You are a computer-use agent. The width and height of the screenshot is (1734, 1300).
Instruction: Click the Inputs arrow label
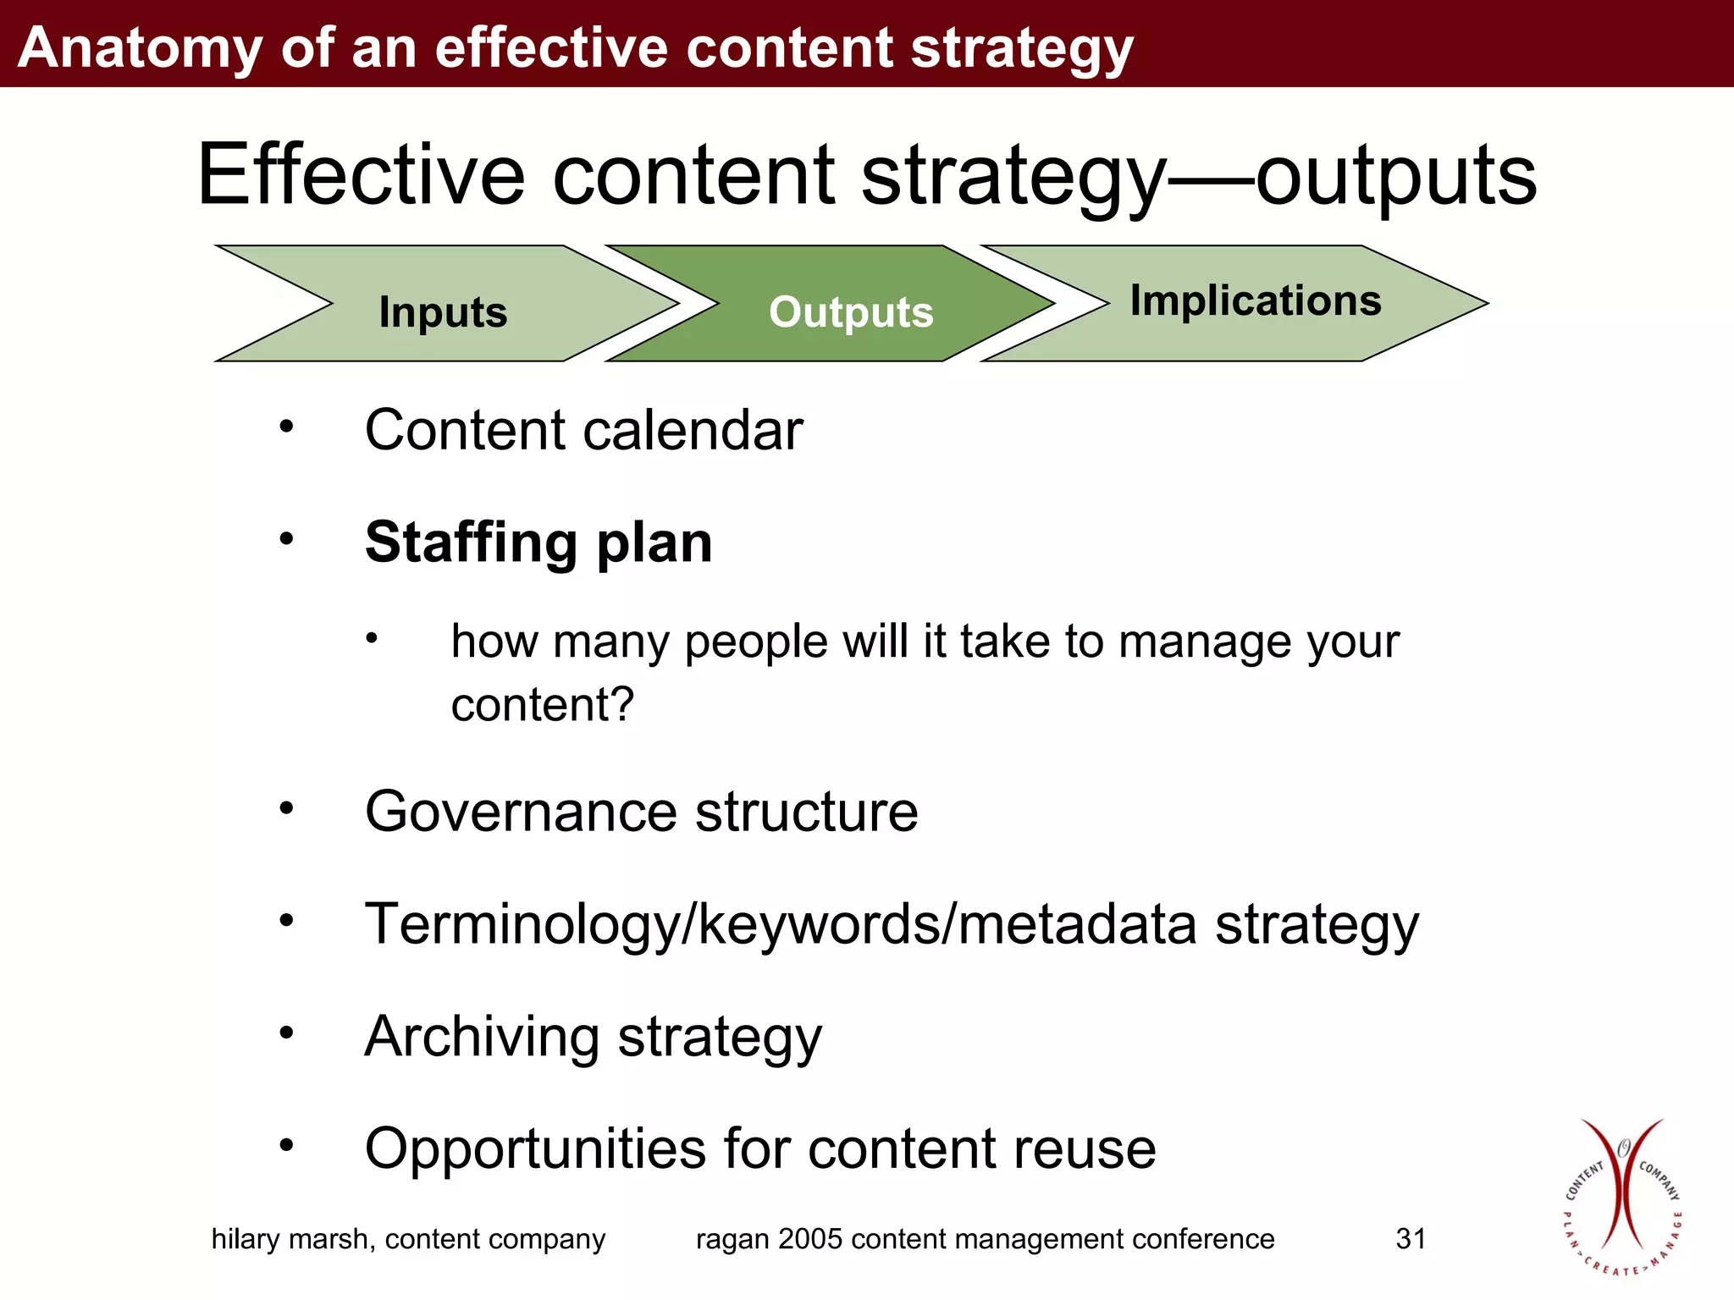click(443, 312)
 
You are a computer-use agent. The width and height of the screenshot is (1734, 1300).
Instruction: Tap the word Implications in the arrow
click(1256, 300)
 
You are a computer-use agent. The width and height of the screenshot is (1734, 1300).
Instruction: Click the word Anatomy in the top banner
click(140, 47)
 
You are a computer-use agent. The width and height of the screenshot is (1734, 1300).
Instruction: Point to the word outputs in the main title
click(1395, 175)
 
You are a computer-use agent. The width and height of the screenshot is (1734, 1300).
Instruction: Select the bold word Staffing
click(471, 543)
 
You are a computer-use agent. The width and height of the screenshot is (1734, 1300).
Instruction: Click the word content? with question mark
click(542, 704)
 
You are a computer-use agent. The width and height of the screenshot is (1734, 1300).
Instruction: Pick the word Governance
click(520, 812)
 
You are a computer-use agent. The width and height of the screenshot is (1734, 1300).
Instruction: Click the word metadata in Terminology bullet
click(1077, 923)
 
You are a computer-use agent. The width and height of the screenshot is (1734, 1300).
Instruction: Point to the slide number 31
click(1411, 1239)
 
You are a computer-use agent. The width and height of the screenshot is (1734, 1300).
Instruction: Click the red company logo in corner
click(1621, 1197)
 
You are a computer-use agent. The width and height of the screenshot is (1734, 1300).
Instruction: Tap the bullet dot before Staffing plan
click(287, 538)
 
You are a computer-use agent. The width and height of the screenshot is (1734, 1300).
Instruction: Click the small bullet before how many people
click(371, 637)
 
